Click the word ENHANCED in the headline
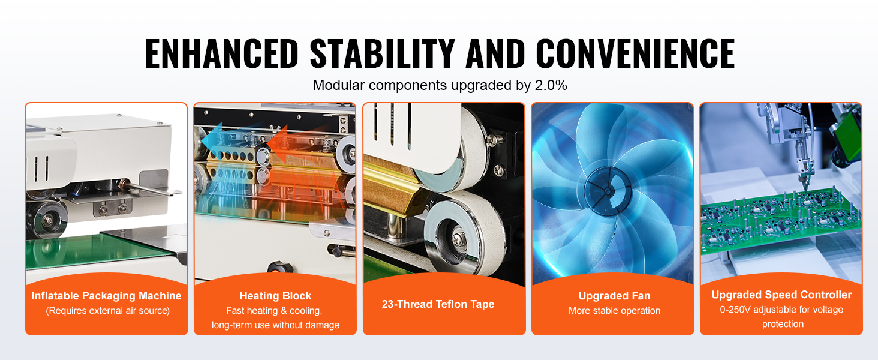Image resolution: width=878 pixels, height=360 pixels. pos(222,54)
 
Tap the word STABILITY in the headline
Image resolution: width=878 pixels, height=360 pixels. pos(383,54)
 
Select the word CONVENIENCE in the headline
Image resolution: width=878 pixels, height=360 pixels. pos(635,54)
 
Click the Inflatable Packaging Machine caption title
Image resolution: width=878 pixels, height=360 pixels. pos(106,296)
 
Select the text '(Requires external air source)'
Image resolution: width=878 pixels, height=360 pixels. pos(108,311)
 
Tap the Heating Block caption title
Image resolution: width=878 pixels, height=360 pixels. pos(275,296)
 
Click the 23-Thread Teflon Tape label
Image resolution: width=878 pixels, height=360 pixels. pos(438,304)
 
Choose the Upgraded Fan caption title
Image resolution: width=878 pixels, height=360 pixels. pos(614,296)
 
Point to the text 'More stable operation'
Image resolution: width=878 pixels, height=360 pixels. pos(614,311)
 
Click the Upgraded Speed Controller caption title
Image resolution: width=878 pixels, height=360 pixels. pos(781,295)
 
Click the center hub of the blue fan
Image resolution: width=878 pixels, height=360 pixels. pos(607,191)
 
